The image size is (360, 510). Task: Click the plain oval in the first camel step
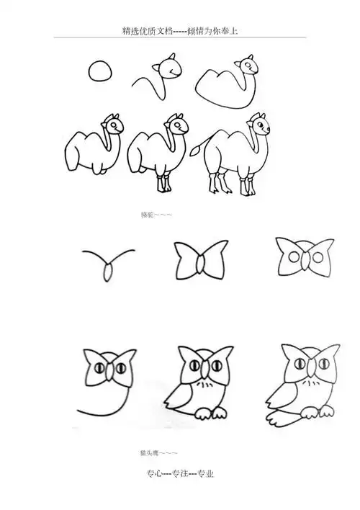[99, 71]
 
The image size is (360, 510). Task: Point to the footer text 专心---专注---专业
[180, 473]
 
